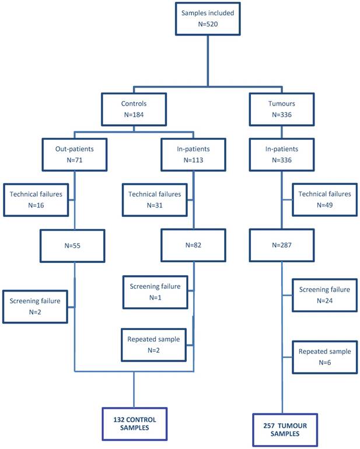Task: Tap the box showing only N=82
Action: [193, 245]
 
